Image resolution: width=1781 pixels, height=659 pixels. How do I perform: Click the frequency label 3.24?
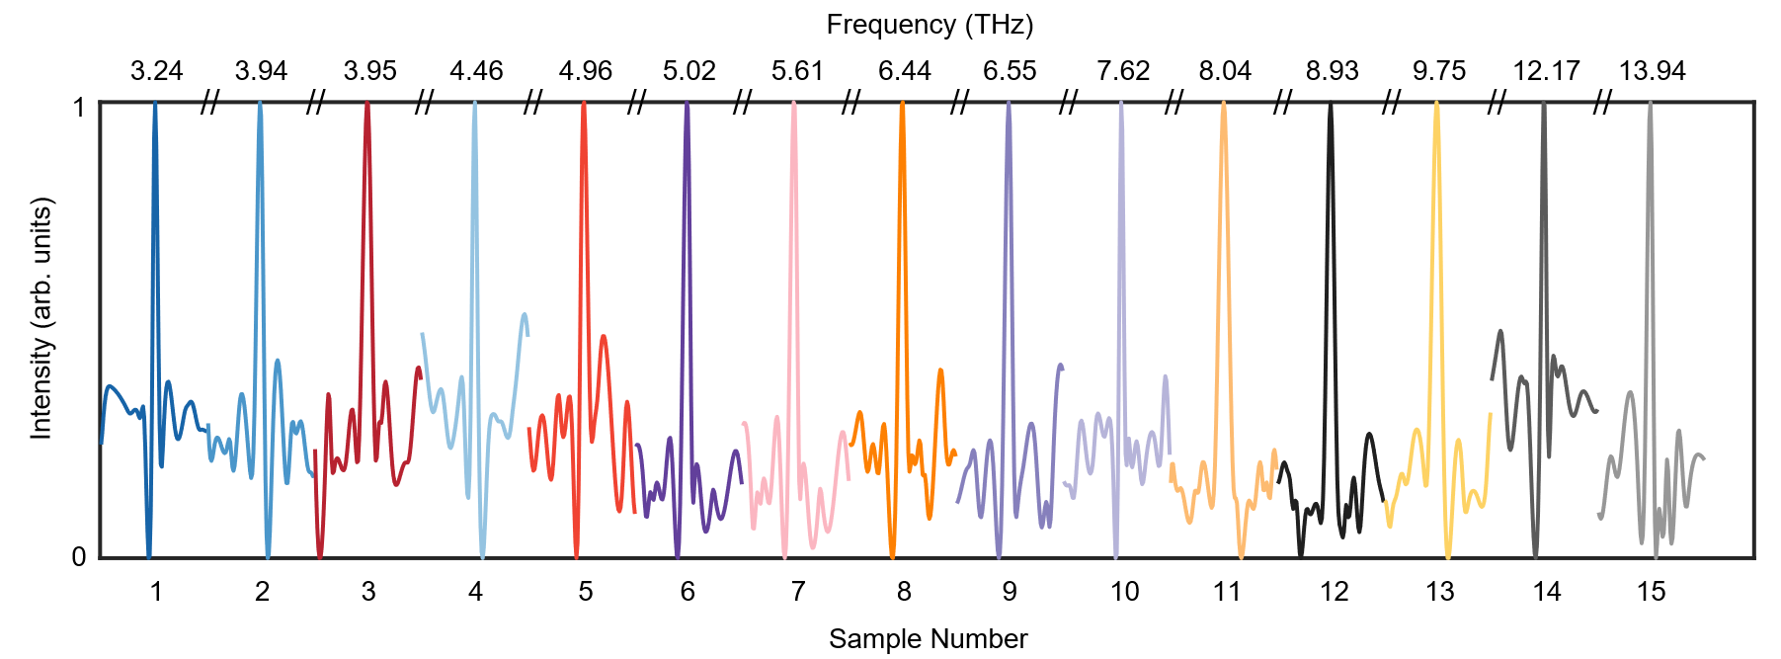157,71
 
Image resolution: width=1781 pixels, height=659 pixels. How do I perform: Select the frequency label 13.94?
1652,71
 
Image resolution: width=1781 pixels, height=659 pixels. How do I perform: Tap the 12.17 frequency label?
1546,71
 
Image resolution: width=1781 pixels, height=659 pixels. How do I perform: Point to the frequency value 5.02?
688,71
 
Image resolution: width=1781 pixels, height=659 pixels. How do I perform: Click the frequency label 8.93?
1332,71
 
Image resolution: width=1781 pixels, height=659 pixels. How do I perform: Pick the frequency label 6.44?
904,71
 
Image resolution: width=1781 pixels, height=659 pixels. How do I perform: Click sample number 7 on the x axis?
797,592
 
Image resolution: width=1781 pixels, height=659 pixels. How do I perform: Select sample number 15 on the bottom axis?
1651,592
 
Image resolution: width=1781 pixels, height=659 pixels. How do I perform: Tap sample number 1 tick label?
156,592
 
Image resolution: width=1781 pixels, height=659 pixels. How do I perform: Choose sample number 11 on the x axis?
1226,592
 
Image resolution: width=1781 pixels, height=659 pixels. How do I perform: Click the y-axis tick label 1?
79,107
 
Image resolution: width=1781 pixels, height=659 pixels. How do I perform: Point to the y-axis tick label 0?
79,557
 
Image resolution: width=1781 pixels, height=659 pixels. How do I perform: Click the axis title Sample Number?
928,639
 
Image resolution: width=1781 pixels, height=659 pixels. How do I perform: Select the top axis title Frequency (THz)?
930,25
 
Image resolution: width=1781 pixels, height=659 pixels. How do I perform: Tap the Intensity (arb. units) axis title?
40,318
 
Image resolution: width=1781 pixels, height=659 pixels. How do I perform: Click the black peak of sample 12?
1331,107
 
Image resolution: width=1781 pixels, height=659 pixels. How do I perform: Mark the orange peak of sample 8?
902,107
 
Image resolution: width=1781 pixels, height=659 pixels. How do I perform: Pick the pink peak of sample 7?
793,107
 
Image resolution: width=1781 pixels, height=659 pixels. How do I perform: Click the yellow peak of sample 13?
1436,107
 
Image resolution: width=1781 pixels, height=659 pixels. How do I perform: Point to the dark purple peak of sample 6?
687,107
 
